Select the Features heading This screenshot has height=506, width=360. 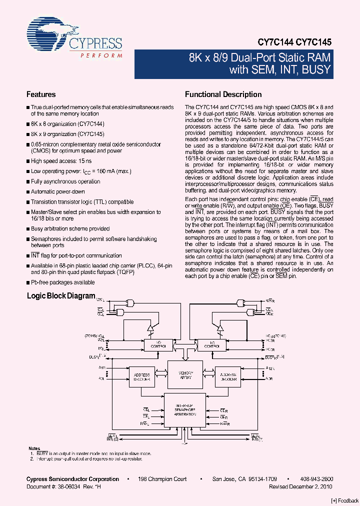pos(41,94)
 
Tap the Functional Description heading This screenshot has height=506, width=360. pos(223,94)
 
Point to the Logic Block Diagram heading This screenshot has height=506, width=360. pos(60,296)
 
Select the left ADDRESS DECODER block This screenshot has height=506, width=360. pos(142,376)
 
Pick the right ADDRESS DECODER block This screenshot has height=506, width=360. pos(228,376)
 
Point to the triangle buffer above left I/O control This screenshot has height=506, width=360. pos(149,327)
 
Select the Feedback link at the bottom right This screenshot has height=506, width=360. pos(345,500)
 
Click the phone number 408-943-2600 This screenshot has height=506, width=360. pos(315,479)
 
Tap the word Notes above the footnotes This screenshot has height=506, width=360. pos(34,448)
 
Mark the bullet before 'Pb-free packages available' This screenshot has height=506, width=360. pos(28,283)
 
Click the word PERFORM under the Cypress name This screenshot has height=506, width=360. pos(101,54)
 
